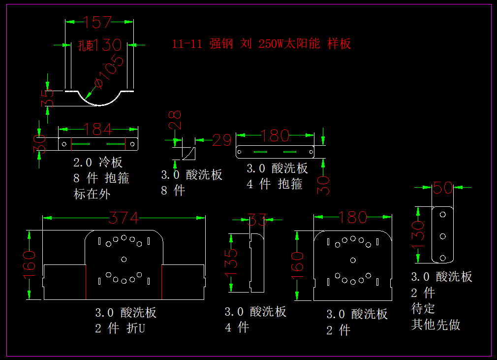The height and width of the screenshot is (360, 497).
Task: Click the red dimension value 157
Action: (97, 22)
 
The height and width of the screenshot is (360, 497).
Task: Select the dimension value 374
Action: (124, 217)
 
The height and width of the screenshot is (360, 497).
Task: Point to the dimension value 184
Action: (98, 129)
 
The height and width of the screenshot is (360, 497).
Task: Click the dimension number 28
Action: (175, 121)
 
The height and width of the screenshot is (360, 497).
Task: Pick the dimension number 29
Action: (222, 140)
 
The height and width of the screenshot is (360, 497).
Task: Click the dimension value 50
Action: (442, 188)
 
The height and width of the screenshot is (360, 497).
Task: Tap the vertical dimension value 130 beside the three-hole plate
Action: (418, 235)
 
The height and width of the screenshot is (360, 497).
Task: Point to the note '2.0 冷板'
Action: (98, 162)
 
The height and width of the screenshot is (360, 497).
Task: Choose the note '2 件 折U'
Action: (120, 328)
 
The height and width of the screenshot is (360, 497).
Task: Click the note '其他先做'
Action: (435, 325)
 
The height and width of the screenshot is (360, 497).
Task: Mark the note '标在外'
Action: (92, 194)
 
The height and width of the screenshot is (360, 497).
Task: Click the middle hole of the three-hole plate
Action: (442, 236)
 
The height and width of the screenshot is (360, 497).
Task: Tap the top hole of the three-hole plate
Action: (442, 215)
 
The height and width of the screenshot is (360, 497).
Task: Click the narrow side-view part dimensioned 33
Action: (257, 262)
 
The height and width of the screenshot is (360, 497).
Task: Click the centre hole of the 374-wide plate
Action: (124, 259)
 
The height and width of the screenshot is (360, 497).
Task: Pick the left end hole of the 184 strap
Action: (64, 144)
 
